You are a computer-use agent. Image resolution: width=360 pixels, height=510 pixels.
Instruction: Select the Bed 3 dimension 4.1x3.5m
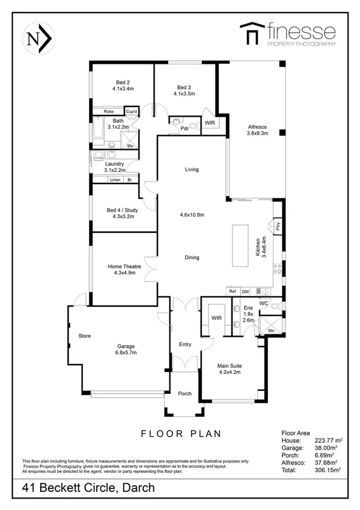tap(184, 93)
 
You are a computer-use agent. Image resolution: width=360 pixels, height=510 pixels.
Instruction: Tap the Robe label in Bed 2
tap(109, 112)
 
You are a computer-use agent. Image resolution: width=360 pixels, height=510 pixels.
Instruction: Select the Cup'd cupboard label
tap(132, 112)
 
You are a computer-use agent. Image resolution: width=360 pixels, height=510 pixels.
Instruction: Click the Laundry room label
tap(114, 164)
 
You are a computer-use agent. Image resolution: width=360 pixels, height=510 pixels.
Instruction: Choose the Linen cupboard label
tap(114, 180)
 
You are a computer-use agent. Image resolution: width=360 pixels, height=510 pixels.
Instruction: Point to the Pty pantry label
tap(278, 227)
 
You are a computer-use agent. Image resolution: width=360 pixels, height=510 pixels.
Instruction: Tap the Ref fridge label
tap(233, 291)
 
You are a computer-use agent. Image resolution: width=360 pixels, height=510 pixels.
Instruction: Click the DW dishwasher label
tap(246, 291)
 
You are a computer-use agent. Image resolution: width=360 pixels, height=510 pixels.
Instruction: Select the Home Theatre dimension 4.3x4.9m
tap(121, 272)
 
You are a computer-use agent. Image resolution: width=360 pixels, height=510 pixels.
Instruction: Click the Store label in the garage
tap(84, 336)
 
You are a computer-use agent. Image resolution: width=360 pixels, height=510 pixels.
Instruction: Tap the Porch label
tap(185, 394)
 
